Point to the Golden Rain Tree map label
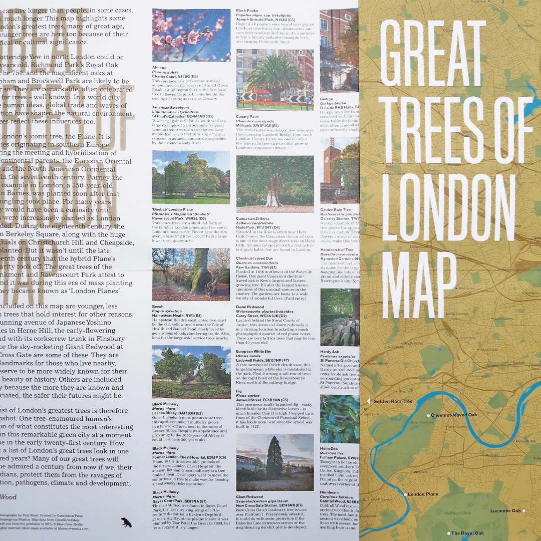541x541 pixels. pyautogui.click(x=393, y=401)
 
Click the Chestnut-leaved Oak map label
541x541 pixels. pyautogui.click(x=454, y=415)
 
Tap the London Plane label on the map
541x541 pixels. pyautogui.click(x=423, y=494)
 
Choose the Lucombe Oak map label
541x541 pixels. pyautogui.click(x=506, y=510)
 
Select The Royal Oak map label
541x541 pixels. pyautogui.click(x=467, y=533)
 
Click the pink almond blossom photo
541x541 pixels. pyautogui.click(x=191, y=35)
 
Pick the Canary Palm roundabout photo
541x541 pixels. pyautogui.click(x=275, y=80)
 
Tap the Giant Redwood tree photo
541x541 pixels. pyautogui.click(x=275, y=462)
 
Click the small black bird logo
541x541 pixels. pyautogui.click(x=126, y=523)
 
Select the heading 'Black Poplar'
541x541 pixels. pyautogui.click(x=248, y=10)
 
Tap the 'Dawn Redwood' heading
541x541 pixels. pyautogui.click(x=249, y=307)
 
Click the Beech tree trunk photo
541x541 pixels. pyautogui.click(x=191, y=274)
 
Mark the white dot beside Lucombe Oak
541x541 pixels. pyautogui.click(x=524, y=511)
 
